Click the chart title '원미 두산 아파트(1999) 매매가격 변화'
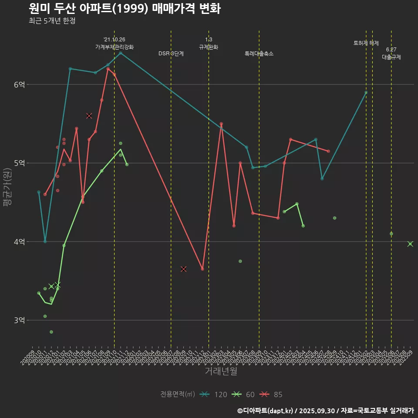coord(125,9)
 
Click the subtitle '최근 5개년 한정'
coord(52,21)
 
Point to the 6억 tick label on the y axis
coord(19,84)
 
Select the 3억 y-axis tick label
coord(19,320)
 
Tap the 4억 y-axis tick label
coord(19,242)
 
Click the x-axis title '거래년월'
coord(221,371)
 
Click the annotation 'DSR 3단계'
coord(171,54)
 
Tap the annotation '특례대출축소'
coord(259,54)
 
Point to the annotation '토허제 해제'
coord(366,43)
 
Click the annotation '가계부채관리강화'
coord(115,47)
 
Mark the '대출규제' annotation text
coord(391,57)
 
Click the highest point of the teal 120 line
coord(121,53)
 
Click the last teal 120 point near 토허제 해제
coord(366,92)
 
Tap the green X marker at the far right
coord(410,244)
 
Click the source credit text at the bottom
coord(325,410)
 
